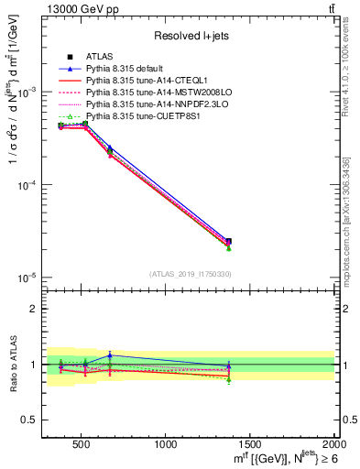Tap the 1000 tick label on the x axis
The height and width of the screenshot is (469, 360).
166,444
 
